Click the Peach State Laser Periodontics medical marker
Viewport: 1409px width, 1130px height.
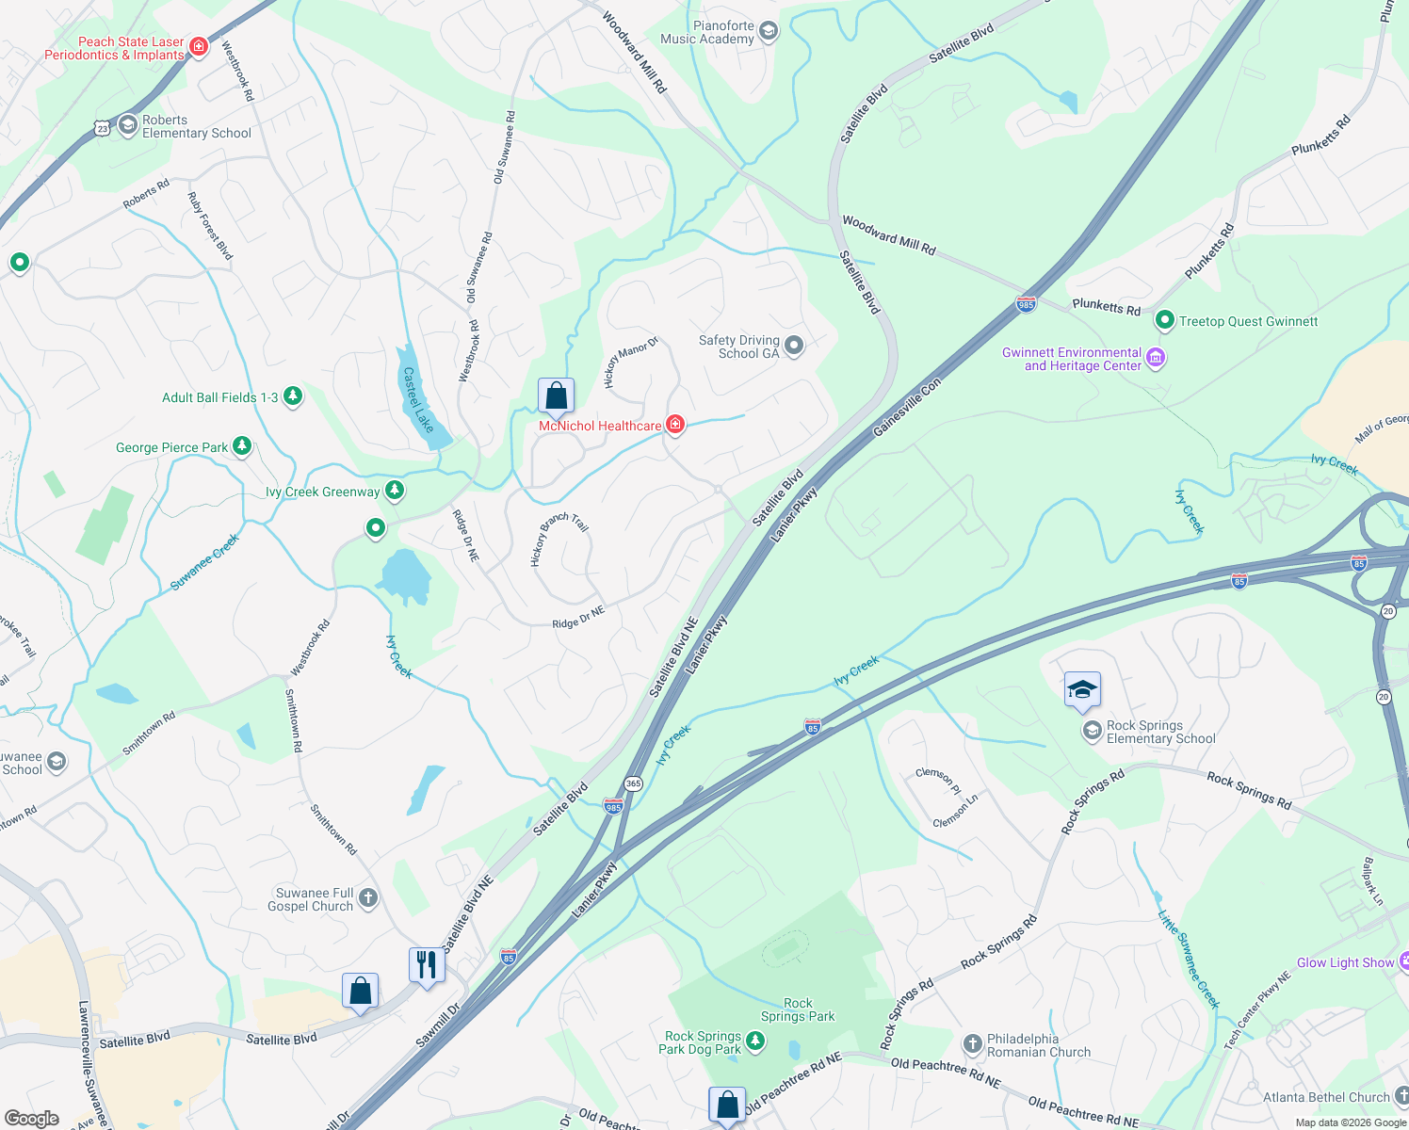tap(198, 46)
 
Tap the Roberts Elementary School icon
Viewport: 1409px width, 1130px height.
tap(128, 126)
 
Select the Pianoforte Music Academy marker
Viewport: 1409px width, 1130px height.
tap(769, 32)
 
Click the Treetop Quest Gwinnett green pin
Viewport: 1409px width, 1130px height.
tap(1165, 321)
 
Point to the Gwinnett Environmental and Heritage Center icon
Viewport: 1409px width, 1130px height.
tap(1156, 358)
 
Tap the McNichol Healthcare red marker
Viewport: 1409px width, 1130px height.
tap(675, 425)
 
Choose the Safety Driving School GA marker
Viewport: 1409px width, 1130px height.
tap(794, 346)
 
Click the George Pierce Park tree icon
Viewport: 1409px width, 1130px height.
tap(242, 446)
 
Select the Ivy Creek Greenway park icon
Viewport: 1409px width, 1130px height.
tap(395, 491)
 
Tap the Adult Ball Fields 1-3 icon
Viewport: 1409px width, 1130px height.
tap(293, 396)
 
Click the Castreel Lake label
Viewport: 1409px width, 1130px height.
tap(418, 399)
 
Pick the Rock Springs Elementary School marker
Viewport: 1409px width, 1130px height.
tap(1093, 731)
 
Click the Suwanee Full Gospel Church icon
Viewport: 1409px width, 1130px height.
tap(368, 898)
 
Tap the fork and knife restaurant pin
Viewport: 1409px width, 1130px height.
tap(427, 965)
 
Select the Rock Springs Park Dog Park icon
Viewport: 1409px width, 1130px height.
tap(755, 1041)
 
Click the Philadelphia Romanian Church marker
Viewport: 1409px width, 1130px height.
tap(973, 1044)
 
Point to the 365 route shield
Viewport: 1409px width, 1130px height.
tap(633, 783)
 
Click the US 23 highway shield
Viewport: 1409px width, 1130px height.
tap(103, 126)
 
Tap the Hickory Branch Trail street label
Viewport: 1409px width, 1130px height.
tap(559, 538)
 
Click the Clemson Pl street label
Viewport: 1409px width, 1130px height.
tap(938, 780)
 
